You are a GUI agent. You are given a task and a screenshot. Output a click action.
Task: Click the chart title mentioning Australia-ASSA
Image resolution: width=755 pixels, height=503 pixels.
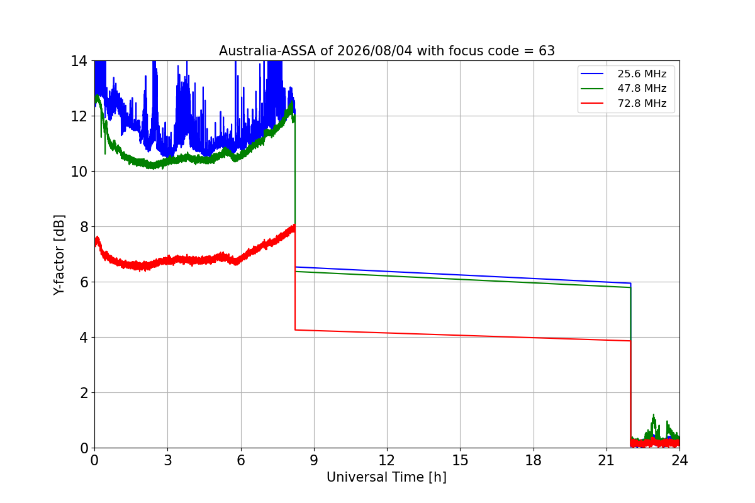pos(386,51)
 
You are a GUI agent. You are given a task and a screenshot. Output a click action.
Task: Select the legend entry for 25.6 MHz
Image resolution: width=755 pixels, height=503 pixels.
pos(624,74)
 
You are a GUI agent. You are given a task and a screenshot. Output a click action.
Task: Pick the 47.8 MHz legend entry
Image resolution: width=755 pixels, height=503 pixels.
pos(624,88)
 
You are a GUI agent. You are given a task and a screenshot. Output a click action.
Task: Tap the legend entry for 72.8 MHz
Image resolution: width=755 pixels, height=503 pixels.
pos(624,103)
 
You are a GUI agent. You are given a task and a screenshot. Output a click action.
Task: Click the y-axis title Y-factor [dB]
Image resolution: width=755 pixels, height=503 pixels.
pos(59,255)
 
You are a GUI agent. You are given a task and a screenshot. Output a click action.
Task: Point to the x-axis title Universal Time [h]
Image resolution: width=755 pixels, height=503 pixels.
pos(386,477)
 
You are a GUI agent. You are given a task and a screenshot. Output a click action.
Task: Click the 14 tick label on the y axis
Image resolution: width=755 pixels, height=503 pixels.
pos(79,62)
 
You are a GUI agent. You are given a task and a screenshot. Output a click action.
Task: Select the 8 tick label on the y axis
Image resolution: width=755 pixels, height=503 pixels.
pos(84,227)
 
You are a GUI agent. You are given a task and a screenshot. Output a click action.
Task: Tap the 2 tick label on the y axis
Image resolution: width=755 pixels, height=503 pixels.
pos(84,393)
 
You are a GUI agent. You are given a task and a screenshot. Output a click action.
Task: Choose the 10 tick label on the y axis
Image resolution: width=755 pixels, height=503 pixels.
pos(79,172)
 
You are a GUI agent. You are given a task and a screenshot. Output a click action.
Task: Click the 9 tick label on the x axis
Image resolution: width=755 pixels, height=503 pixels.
pos(314,460)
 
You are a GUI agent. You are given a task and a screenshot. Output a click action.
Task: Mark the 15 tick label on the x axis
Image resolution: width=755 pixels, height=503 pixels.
pos(460,460)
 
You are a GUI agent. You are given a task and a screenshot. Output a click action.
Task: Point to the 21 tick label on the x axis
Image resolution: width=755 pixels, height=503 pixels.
pos(607,460)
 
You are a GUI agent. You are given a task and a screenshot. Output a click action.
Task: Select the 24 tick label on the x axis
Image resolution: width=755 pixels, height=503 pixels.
pos(679,460)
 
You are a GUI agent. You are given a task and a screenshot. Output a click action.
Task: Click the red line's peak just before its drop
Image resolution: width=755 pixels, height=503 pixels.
pos(294,226)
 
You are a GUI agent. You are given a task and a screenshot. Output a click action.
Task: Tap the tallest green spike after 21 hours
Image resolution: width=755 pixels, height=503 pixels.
pos(654,415)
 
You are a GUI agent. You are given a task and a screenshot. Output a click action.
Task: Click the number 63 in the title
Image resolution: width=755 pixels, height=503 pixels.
pos(547,51)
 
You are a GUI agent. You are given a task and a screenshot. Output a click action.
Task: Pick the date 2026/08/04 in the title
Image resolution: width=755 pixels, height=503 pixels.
pos(375,51)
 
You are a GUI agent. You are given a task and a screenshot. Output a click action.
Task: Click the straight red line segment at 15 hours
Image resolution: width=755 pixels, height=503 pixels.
pos(460,335)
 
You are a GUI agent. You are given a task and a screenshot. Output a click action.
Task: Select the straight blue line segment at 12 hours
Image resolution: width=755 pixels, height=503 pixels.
pos(387,271)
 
